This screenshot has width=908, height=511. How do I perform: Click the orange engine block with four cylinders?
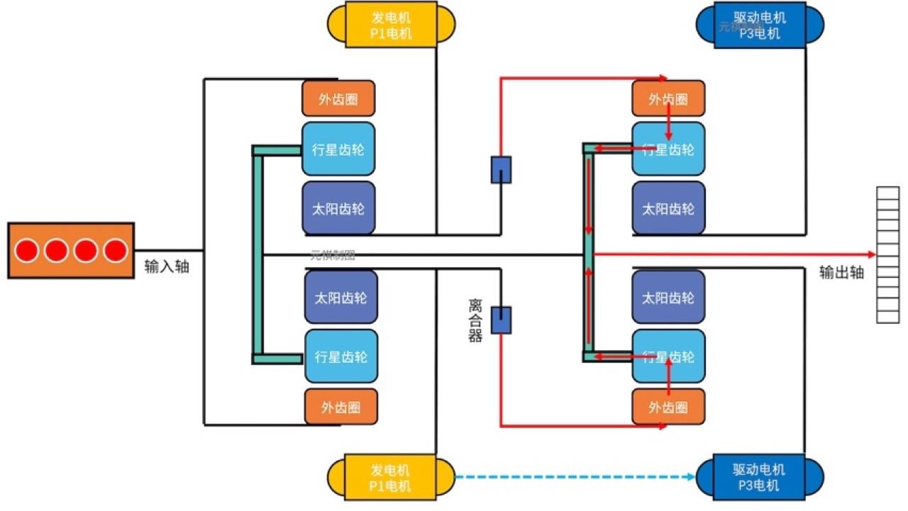tap(71, 250)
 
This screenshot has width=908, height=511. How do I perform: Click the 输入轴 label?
tap(167, 267)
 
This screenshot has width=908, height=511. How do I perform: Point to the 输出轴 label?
tap(841, 272)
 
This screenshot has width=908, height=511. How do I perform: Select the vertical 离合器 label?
tap(475, 320)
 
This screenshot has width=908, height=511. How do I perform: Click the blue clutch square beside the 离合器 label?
tap(502, 320)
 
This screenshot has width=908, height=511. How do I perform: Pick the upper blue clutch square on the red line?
tap(502, 170)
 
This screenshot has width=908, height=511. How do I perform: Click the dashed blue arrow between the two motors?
tap(575, 477)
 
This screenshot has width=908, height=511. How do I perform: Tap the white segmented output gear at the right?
tap(887, 254)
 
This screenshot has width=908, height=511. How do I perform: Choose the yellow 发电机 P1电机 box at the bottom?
tap(390, 477)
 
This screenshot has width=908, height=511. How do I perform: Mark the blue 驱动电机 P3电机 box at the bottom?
tap(760, 477)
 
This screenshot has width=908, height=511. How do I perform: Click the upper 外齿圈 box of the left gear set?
tap(338, 99)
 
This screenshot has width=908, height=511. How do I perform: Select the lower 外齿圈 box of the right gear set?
tap(668, 407)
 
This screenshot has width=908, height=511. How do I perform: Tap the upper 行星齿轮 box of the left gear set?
tap(338, 150)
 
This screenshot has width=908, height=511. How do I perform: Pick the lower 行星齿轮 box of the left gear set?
tap(341, 356)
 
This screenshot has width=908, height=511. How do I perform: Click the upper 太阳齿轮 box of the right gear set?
tap(668, 209)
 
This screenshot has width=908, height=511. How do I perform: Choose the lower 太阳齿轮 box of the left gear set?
tap(340, 298)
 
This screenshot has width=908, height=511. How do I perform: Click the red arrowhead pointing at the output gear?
tap(872, 253)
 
